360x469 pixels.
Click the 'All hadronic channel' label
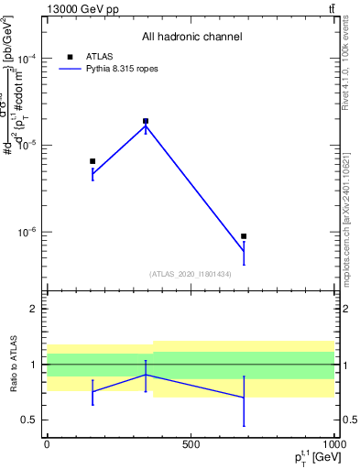[191, 37]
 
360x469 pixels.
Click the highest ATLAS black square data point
[146, 121]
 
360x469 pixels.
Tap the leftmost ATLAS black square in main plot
[93, 161]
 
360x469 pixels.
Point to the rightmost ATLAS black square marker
[244, 236]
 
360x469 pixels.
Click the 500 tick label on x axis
[191, 444]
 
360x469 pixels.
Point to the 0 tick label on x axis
[47, 444]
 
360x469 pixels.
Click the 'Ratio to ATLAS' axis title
[12, 365]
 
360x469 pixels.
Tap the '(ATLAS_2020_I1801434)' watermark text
[191, 274]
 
